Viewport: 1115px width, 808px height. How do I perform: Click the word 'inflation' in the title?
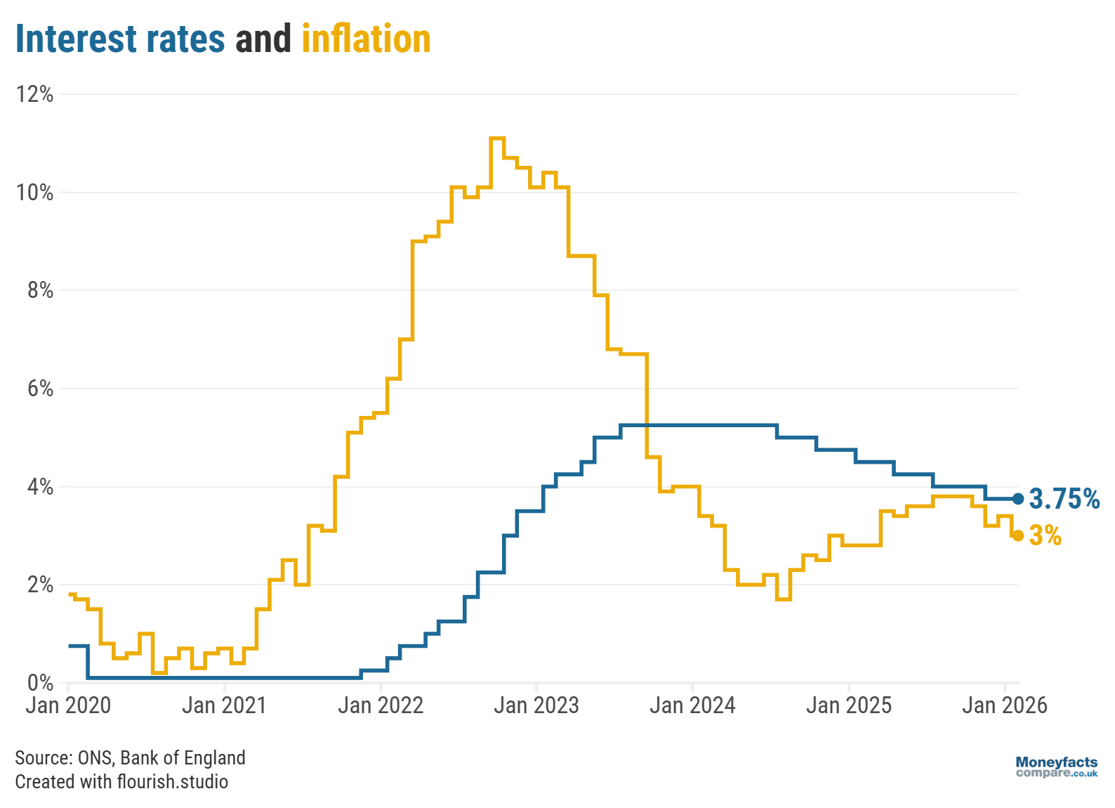366,39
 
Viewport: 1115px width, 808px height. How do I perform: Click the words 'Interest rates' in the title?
120,39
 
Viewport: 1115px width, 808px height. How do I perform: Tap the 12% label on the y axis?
35,94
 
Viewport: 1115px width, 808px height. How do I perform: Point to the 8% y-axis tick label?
40,290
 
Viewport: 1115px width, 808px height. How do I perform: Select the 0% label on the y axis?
40,682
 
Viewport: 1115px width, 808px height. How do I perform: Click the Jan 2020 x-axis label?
68,705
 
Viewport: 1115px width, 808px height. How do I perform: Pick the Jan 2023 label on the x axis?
536,705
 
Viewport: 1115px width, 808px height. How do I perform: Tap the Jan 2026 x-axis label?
1004,705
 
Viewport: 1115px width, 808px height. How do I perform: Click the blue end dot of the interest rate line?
1018,499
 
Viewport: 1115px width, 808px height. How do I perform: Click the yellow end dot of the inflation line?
1018,535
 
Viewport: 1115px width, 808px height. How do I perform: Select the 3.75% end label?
1064,499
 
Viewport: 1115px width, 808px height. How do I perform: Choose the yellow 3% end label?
1045,535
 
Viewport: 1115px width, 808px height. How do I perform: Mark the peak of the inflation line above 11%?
497,138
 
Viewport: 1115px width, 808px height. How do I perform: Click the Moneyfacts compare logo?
1056,767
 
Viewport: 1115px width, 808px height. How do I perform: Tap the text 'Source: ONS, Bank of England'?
130,757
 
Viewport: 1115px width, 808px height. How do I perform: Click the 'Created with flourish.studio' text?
121,781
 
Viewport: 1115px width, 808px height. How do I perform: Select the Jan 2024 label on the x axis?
692,705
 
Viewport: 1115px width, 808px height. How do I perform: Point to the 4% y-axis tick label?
40,486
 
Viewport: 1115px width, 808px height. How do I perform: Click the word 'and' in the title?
263,39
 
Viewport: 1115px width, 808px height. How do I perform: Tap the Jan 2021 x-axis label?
224,705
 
